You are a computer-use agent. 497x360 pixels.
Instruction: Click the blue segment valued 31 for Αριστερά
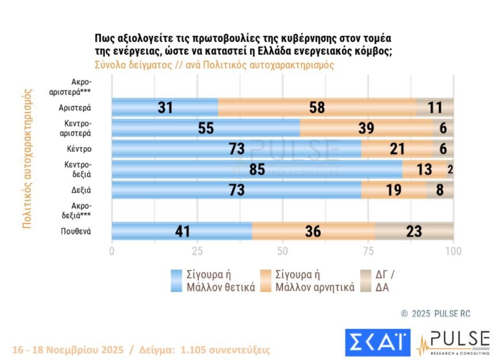click(x=165, y=107)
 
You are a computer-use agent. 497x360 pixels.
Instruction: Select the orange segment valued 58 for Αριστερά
click(x=317, y=107)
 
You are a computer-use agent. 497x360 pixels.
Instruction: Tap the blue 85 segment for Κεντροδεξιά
click(x=257, y=169)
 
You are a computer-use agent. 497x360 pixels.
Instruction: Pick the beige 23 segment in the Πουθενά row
click(x=414, y=231)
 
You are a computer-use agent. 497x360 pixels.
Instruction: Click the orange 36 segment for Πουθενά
click(x=314, y=231)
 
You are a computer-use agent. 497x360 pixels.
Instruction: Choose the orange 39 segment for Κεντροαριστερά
click(x=366, y=128)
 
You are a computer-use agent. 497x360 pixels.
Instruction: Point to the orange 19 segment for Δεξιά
click(x=394, y=190)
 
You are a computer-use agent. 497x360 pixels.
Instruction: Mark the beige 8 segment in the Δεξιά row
click(x=440, y=190)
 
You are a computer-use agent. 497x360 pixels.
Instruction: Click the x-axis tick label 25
click(x=197, y=251)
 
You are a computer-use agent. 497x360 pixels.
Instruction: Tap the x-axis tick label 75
click(x=368, y=251)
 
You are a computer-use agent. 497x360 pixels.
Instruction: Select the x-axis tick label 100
click(x=454, y=251)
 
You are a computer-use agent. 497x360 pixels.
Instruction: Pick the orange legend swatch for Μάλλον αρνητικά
click(x=266, y=280)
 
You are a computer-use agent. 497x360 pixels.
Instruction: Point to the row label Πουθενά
click(x=77, y=231)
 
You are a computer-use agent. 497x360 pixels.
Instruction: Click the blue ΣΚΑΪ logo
click(x=377, y=343)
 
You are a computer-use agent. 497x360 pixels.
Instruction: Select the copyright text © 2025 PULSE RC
click(x=436, y=313)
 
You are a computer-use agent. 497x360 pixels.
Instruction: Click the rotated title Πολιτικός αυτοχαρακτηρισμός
click(x=27, y=158)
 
